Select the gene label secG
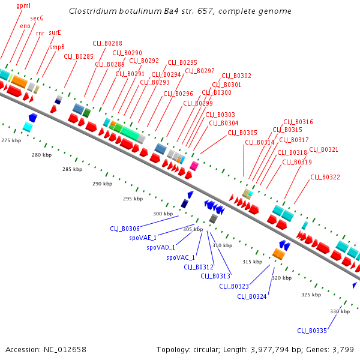[x=37, y=19]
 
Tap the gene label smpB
[x=57, y=46]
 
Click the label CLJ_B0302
[x=236, y=76]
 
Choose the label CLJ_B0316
[x=298, y=122]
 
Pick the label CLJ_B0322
[x=325, y=177]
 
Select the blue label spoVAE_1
[x=143, y=238]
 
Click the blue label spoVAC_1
[x=181, y=257]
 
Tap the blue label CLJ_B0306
[x=125, y=229]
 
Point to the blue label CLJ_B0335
[x=312, y=331]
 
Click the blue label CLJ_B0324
[x=252, y=296]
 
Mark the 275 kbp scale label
[x=11, y=140]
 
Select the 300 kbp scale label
[x=163, y=214]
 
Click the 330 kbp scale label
[x=340, y=311]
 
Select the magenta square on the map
[x=194, y=164]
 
